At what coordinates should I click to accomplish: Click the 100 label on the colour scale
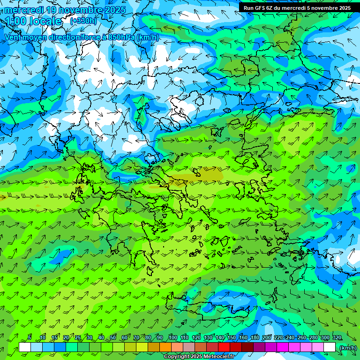[173, 338]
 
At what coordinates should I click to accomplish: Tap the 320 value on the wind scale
[337, 338]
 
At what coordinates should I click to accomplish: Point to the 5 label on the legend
[30, 338]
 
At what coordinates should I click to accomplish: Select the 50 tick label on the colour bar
[113, 338]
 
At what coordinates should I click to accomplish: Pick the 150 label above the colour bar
[232, 338]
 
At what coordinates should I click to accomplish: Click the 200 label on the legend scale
[267, 338]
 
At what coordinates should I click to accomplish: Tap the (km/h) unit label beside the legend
[348, 348]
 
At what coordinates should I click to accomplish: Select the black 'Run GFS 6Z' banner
[297, 8]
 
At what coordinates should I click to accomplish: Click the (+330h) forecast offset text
[84, 21]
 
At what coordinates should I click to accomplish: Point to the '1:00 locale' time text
[33, 22]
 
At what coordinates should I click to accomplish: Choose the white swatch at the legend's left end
[25, 347]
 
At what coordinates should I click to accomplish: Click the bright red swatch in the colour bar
[224, 347]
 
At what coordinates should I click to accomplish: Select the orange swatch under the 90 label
[165, 347]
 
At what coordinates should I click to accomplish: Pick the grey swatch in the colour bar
[189, 347]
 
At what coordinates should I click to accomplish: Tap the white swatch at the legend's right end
[330, 347]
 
